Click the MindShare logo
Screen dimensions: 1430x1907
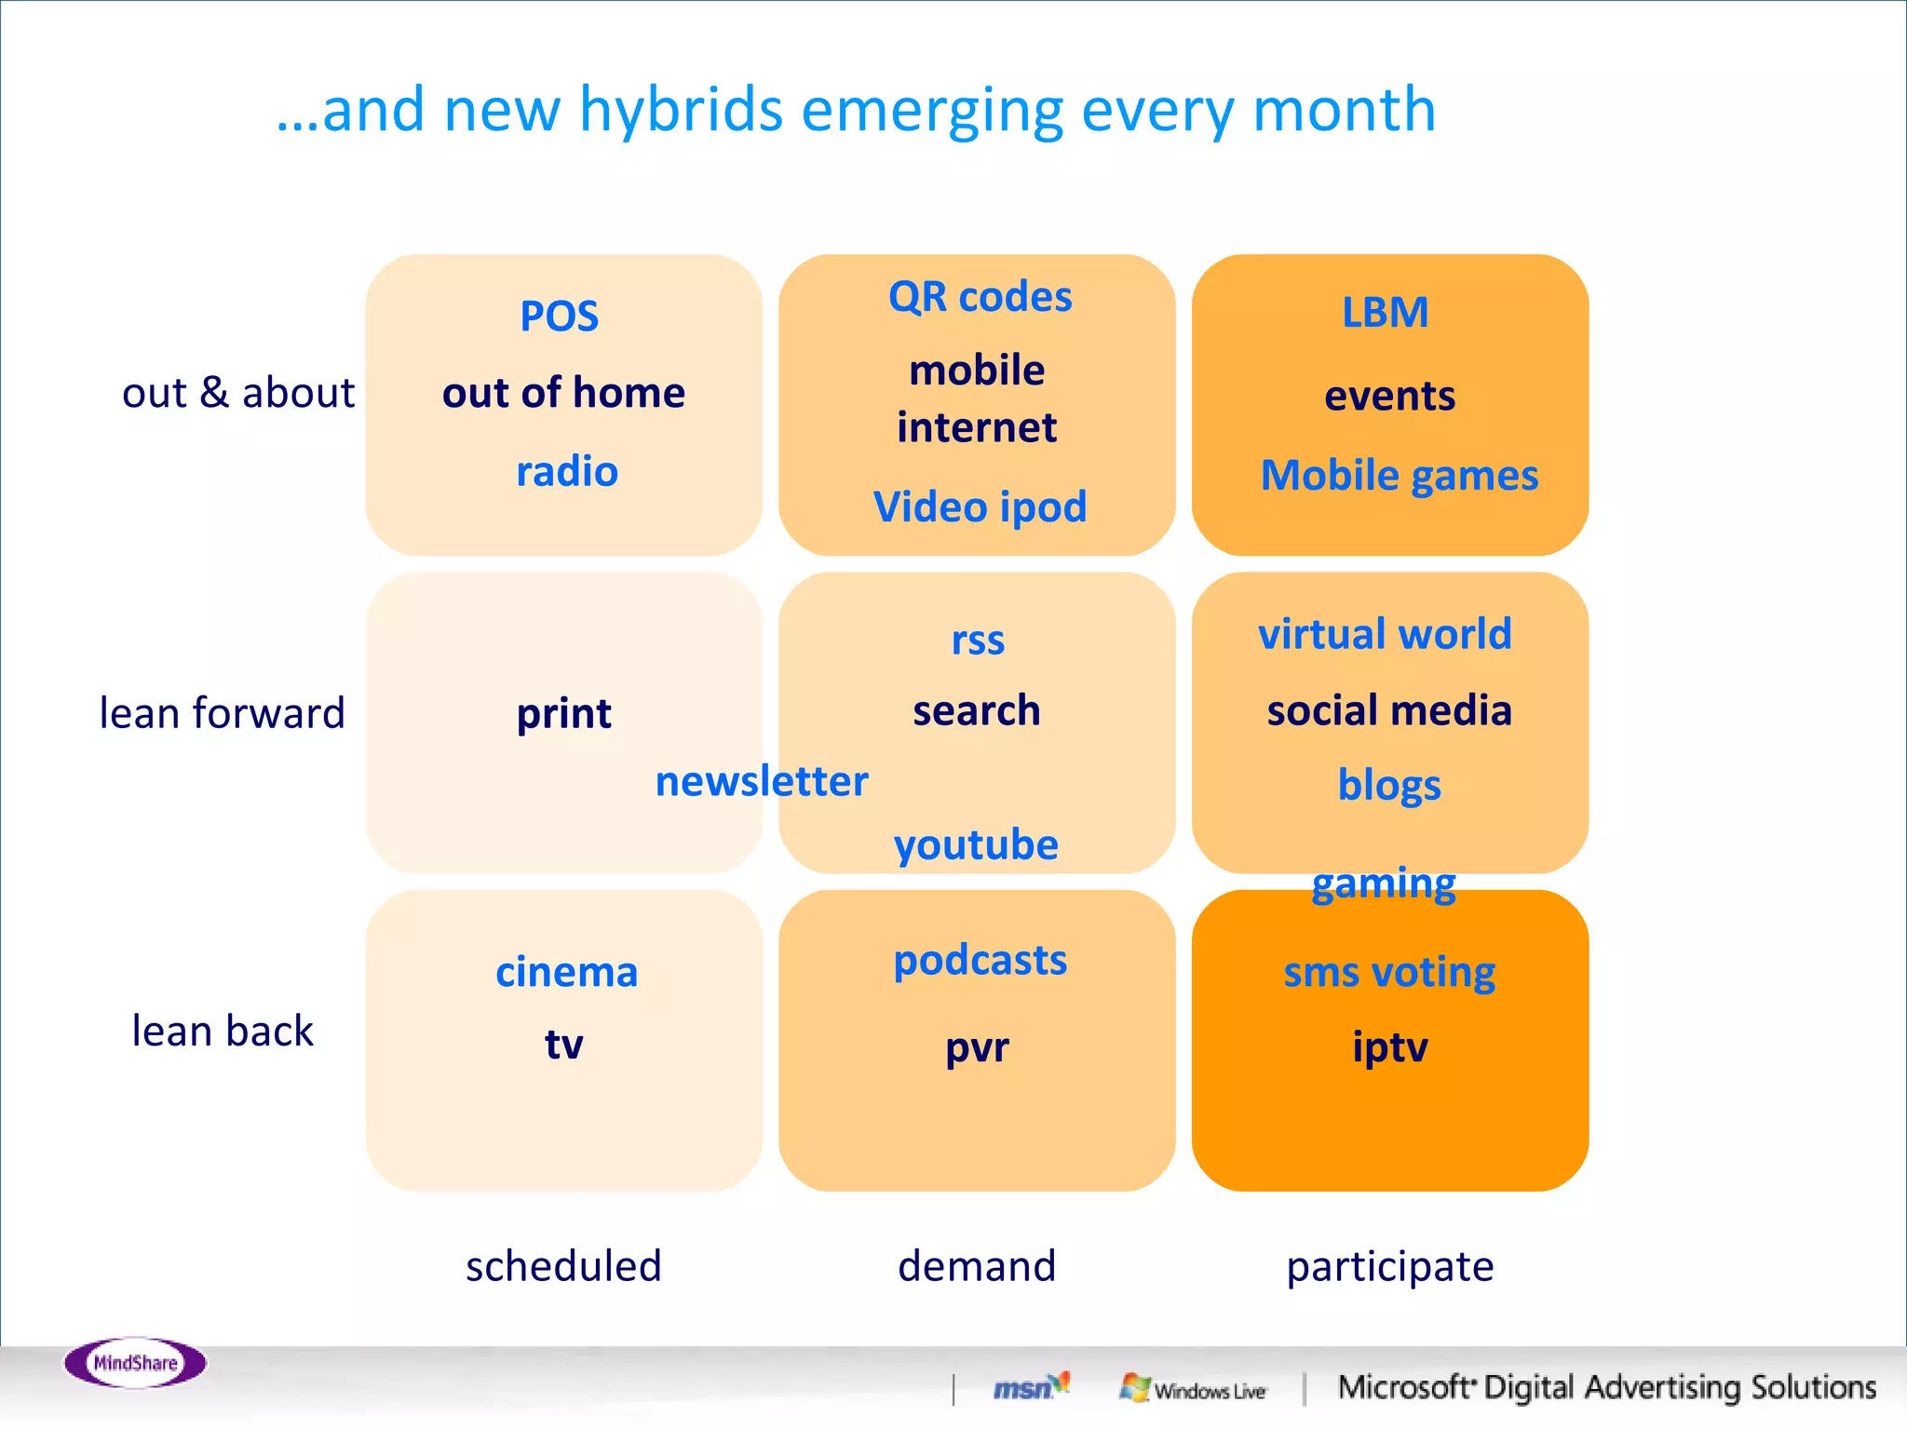135,1363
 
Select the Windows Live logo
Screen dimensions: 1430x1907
1194,1389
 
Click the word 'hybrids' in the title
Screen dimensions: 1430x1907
681,110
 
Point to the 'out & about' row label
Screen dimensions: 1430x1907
238,393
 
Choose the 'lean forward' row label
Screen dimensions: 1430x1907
223,713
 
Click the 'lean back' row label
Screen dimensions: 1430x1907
223,1031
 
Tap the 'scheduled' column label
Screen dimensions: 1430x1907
563,1266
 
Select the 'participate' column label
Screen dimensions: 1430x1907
1389,1266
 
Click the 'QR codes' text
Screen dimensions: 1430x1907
980,297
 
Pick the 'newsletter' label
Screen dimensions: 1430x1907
762,780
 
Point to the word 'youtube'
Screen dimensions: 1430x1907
976,844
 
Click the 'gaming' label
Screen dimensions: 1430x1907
1384,883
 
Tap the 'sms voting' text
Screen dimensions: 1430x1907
1389,972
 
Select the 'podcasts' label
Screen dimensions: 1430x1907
980,960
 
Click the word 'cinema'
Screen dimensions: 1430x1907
566,972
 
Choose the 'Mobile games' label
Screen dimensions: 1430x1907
1399,475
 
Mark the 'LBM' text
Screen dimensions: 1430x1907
1385,312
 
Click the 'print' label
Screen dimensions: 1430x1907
563,713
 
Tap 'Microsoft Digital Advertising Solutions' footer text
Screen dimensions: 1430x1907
1606,1387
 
